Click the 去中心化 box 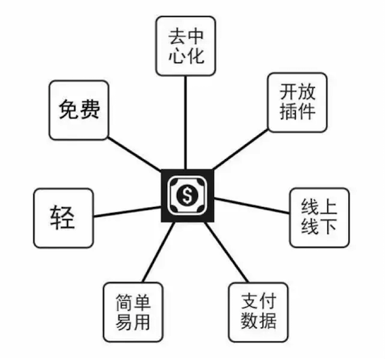point(186,46)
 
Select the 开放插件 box point(297,102)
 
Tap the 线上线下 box point(320,218)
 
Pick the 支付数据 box point(258,312)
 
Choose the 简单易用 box point(133,312)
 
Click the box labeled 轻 point(63,218)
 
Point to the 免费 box point(79,110)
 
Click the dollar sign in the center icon point(187,195)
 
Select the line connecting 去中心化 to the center point(186,122)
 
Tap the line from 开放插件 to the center point(240,149)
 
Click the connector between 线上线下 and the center point(252,205)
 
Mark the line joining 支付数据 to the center point(227,252)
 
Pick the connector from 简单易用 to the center point(159,252)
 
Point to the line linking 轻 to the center point(127,212)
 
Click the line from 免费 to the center point(134,154)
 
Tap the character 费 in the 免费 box point(89,109)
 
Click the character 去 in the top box point(176,37)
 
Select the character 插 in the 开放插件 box point(288,112)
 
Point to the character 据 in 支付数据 point(268,321)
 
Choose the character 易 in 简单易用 point(124,322)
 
